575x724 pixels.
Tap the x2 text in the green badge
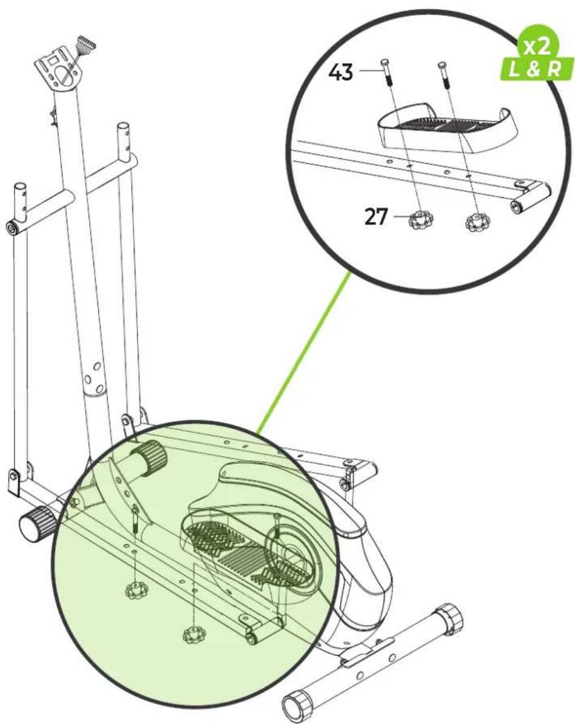point(536,47)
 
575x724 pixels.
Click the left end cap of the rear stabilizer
point(297,706)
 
